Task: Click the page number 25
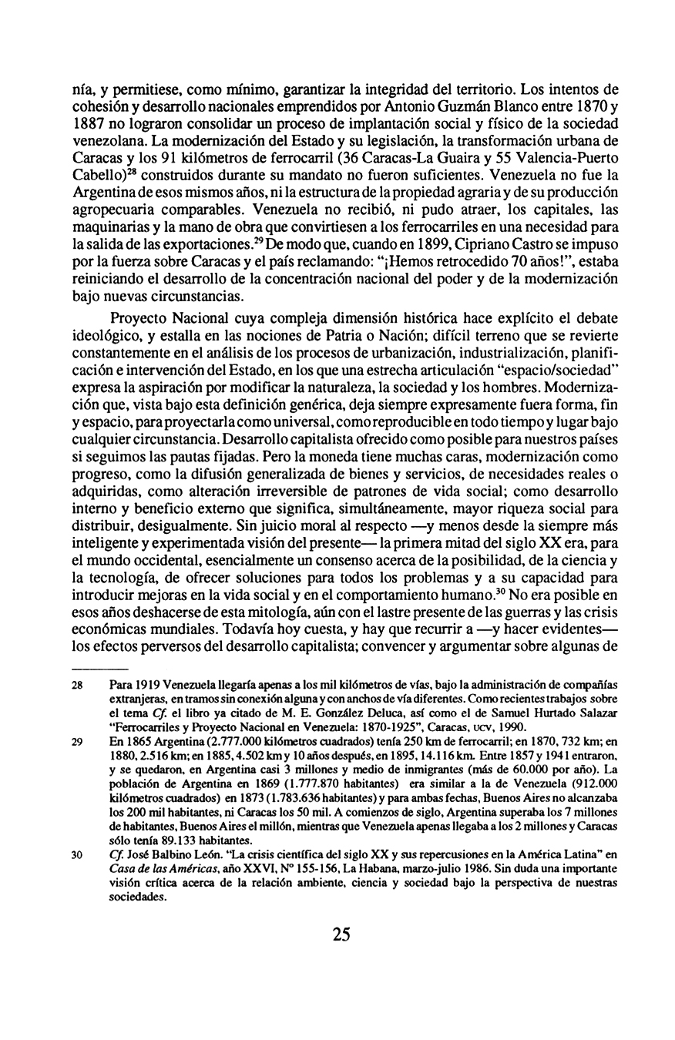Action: click(x=341, y=934)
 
